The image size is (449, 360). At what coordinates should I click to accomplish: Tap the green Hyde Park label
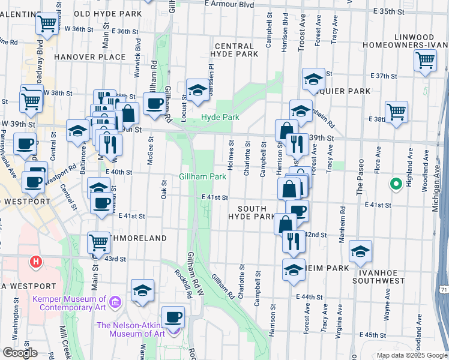pyautogui.click(x=216, y=118)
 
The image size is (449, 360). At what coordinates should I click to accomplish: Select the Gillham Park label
pyautogui.click(x=203, y=176)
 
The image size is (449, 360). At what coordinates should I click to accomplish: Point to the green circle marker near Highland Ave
pyautogui.click(x=396, y=184)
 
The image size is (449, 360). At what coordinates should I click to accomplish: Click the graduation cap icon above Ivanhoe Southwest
pyautogui.click(x=360, y=251)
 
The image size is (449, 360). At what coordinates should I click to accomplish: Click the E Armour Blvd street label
pyautogui.click(x=229, y=4)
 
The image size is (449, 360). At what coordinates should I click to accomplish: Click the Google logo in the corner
pyautogui.click(x=20, y=353)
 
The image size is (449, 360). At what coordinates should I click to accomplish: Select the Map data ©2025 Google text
pyautogui.click(x=411, y=355)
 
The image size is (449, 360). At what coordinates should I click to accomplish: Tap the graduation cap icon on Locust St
pyautogui.click(x=197, y=90)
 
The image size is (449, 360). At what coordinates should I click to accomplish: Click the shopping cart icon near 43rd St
pyautogui.click(x=98, y=243)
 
